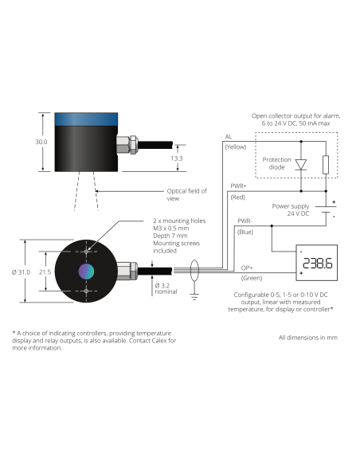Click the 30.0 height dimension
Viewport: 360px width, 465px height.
click(x=41, y=142)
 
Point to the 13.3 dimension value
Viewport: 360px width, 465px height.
click(x=177, y=158)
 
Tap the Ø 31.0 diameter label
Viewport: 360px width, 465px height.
click(x=21, y=272)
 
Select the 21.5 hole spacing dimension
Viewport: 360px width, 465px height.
click(x=45, y=272)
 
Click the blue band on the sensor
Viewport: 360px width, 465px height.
click(x=86, y=119)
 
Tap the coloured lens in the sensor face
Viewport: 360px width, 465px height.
click(x=86, y=271)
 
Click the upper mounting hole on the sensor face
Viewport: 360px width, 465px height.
click(x=86, y=252)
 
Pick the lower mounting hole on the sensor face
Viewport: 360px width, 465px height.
click(x=86, y=291)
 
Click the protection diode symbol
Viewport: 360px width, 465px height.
click(x=301, y=165)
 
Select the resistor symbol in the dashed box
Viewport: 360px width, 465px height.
click(x=326, y=165)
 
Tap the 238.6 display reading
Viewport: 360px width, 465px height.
click(x=317, y=264)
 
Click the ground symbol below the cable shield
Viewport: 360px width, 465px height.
click(x=194, y=296)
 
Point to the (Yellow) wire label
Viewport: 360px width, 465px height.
click(x=236, y=147)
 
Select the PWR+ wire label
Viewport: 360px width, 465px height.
click(x=239, y=186)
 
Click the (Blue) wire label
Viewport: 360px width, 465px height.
click(x=245, y=232)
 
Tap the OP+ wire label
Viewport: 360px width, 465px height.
click(x=247, y=268)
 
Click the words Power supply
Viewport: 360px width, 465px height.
click(x=291, y=206)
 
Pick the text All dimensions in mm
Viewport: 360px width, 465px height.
click(x=307, y=338)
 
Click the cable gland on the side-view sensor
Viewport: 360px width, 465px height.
click(x=127, y=145)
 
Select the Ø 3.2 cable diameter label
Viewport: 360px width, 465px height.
click(x=162, y=286)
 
